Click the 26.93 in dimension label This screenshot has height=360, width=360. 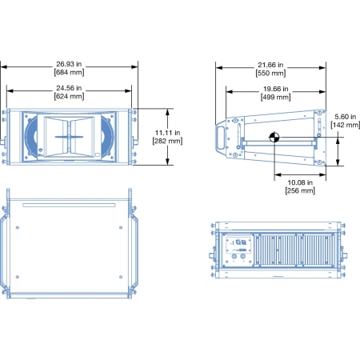[69, 64]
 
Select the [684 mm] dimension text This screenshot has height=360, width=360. [69, 72]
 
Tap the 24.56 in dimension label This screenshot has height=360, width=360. [69, 88]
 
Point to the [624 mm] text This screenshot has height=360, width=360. [69, 96]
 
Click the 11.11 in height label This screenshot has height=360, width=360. [167, 133]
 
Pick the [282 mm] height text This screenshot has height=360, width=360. [167, 141]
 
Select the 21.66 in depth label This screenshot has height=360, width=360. [270, 65]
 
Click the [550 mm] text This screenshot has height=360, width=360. [270, 73]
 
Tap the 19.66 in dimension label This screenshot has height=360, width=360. [275, 89]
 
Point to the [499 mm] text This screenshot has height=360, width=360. [275, 97]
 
